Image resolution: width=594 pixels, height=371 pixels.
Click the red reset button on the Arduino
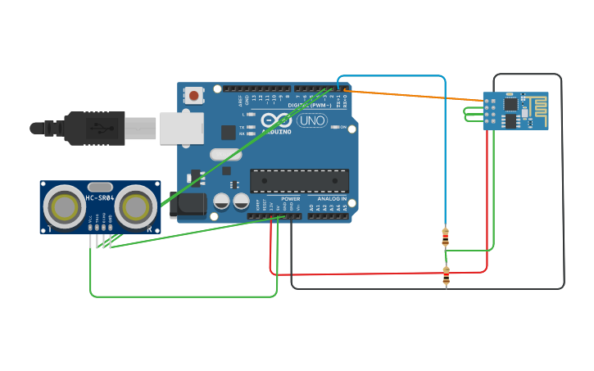[x=193, y=96]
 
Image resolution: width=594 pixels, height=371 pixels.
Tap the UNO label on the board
[x=311, y=120]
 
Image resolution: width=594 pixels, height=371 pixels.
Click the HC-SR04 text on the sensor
[x=100, y=197]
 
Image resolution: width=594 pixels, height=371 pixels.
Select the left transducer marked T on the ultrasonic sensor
[x=63, y=207]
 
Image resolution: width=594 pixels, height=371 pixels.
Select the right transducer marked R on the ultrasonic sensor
[x=137, y=207]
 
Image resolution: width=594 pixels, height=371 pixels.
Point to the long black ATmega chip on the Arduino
[x=299, y=181]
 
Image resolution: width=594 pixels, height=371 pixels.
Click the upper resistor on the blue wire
[x=445, y=237]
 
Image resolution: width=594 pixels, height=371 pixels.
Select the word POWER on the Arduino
[x=291, y=199]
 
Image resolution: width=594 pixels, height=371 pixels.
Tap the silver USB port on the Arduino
[x=181, y=129]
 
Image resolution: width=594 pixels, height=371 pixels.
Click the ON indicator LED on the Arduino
[x=334, y=127]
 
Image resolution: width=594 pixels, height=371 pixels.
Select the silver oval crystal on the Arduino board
[x=226, y=154]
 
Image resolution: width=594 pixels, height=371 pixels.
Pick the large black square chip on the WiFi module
[x=511, y=104]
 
